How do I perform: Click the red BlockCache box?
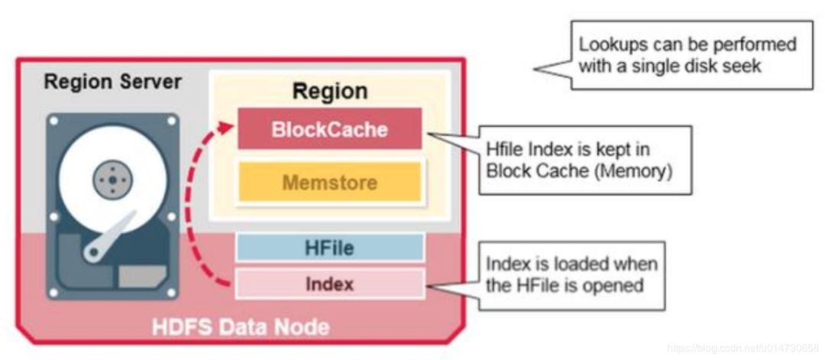[x=329, y=129]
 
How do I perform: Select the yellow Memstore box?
[x=329, y=183]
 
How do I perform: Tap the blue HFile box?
[x=329, y=248]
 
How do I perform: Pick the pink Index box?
[x=329, y=284]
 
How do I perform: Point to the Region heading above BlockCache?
[x=329, y=91]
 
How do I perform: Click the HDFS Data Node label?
[x=240, y=327]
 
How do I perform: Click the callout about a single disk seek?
[x=691, y=55]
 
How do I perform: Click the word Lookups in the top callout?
[x=609, y=45]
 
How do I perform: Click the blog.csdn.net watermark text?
[x=742, y=349]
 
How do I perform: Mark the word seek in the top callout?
[x=745, y=66]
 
